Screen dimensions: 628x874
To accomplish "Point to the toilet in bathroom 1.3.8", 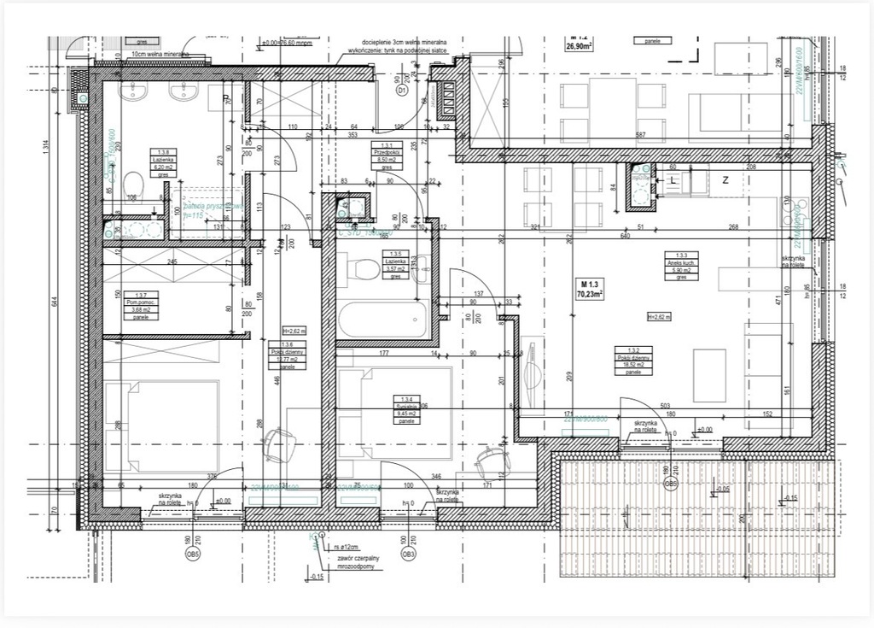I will coord(132,183).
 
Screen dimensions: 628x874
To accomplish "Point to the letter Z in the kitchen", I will coord(725,180).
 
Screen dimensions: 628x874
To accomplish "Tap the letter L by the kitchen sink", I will coord(673,182).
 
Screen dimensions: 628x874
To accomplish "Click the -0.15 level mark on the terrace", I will coord(791,498).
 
